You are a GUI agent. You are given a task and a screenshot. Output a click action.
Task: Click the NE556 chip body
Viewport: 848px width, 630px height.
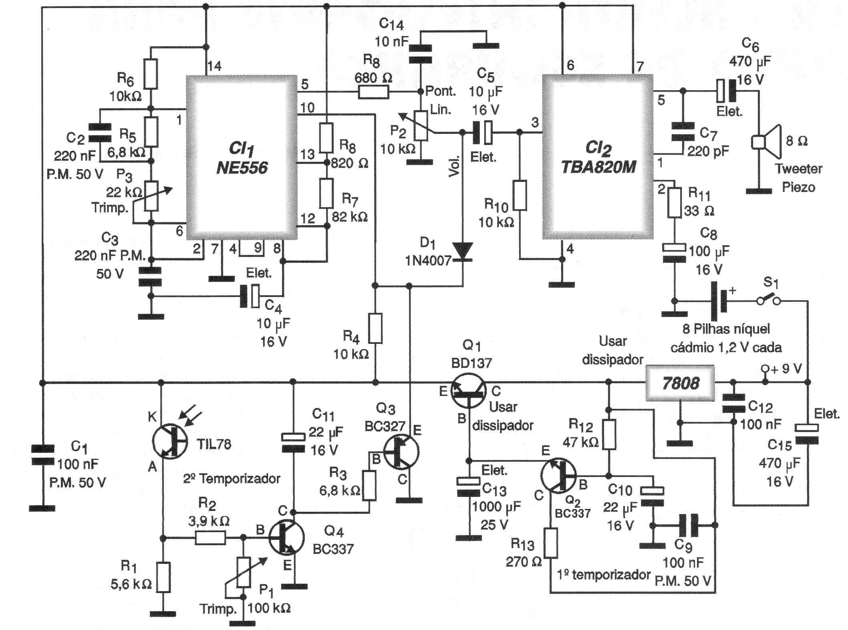(x=242, y=157)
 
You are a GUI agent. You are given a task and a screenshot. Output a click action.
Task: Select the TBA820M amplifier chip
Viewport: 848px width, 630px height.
(x=598, y=157)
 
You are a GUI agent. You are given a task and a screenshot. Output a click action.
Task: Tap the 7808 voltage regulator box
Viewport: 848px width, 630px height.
(x=680, y=383)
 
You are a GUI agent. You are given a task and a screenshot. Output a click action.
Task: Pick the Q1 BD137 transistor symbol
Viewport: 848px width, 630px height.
(x=468, y=391)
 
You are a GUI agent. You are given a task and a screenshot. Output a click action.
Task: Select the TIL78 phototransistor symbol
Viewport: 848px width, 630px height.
(x=170, y=442)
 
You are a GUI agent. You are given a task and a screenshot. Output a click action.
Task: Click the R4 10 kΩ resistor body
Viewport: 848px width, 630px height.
(x=375, y=329)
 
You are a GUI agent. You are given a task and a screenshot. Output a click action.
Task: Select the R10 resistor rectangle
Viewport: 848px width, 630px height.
(x=520, y=195)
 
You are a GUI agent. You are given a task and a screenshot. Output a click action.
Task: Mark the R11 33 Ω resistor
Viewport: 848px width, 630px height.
(x=675, y=203)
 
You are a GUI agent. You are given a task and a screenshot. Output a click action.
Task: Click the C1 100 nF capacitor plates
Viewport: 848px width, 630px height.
(x=42, y=456)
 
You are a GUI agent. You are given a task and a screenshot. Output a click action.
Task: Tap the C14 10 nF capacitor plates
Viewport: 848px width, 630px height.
(x=421, y=54)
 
